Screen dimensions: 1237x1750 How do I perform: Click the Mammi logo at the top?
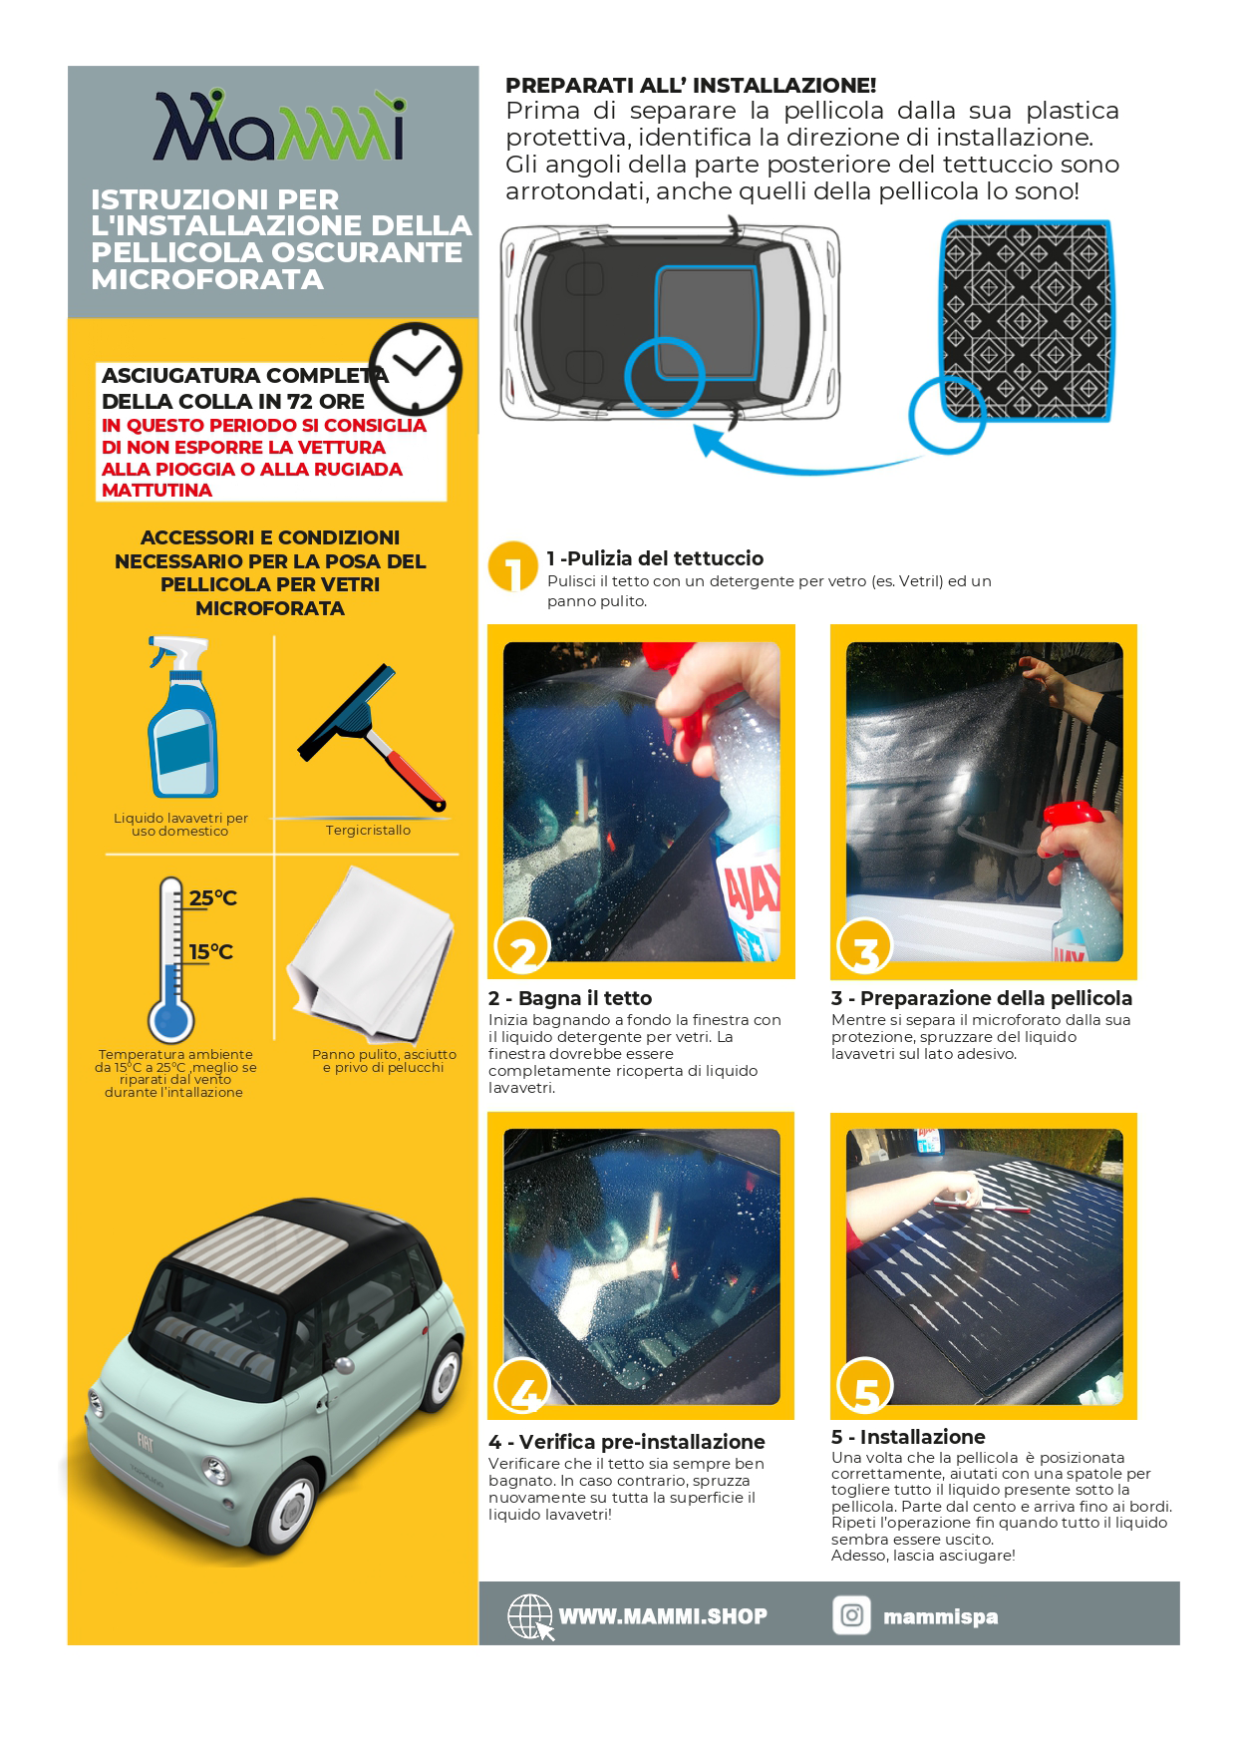point(279,127)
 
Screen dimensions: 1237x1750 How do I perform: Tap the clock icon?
point(416,368)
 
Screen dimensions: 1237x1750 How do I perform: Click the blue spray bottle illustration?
point(181,717)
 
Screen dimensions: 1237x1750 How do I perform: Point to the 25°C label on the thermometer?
point(213,898)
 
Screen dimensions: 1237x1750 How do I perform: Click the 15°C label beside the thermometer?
point(211,952)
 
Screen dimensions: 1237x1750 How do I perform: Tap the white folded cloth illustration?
point(371,952)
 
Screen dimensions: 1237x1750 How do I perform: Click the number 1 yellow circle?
point(513,567)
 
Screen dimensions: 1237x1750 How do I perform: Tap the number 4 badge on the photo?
point(522,1387)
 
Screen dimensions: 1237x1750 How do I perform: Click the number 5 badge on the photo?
point(865,1387)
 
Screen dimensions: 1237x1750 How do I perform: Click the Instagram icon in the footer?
point(852,1615)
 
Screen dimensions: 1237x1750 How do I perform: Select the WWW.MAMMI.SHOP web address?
point(663,1616)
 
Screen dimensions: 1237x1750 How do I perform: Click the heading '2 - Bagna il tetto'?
point(570,998)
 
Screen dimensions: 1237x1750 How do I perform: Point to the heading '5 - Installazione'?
point(908,1437)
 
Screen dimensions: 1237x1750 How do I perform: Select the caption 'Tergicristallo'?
point(368,830)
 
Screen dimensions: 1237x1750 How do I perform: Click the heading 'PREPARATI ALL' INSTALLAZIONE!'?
point(691,86)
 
